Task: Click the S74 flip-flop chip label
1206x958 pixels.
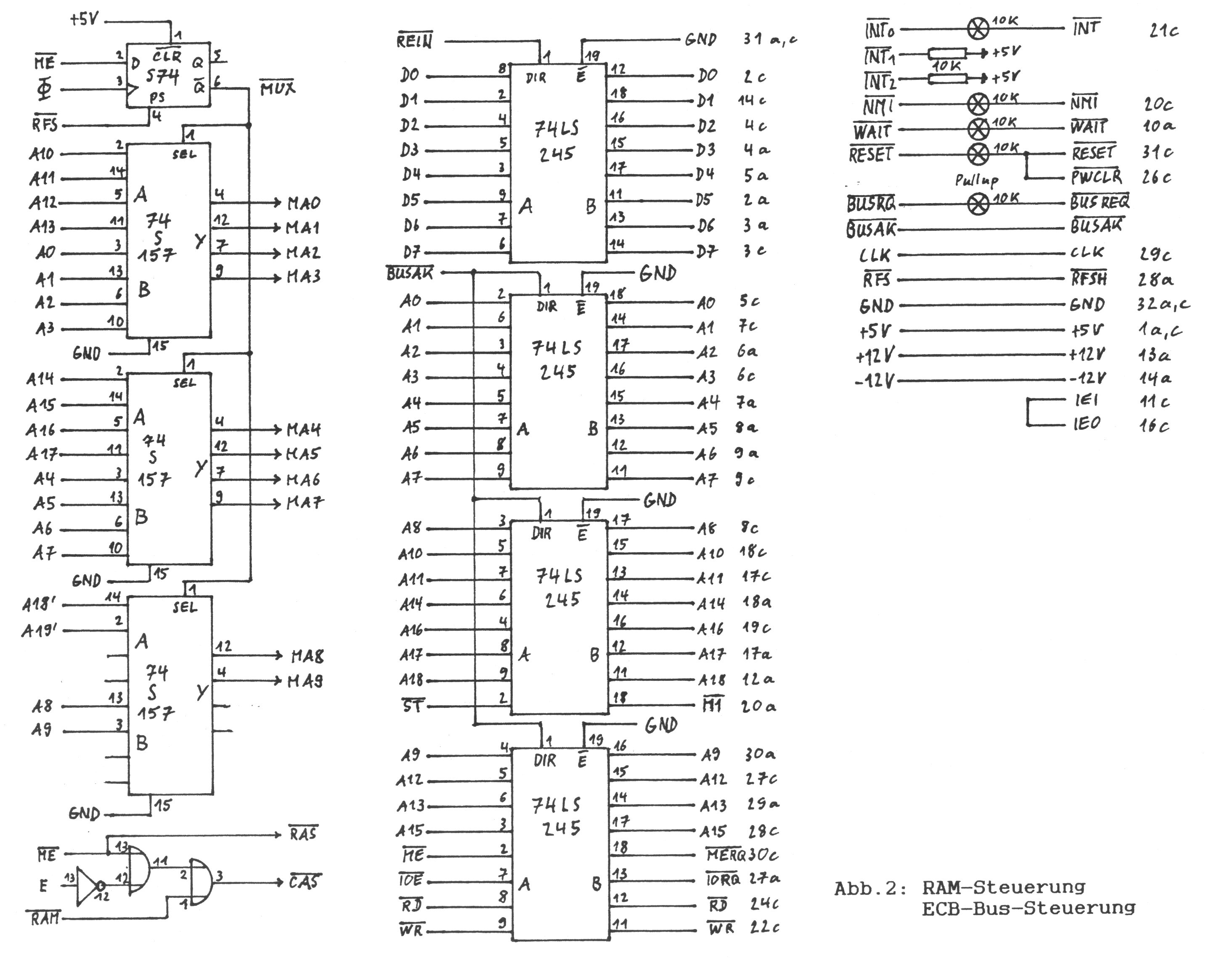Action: coord(162,77)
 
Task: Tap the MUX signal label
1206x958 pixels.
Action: coord(278,88)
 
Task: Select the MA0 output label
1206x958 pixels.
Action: coord(304,203)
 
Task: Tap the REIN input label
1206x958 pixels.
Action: coord(414,41)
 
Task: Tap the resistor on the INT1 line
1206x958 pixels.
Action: coord(947,54)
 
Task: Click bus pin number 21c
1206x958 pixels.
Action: coord(1164,31)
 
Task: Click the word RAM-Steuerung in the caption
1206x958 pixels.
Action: coord(1003,887)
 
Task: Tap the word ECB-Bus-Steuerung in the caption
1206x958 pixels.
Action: coord(1028,908)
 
